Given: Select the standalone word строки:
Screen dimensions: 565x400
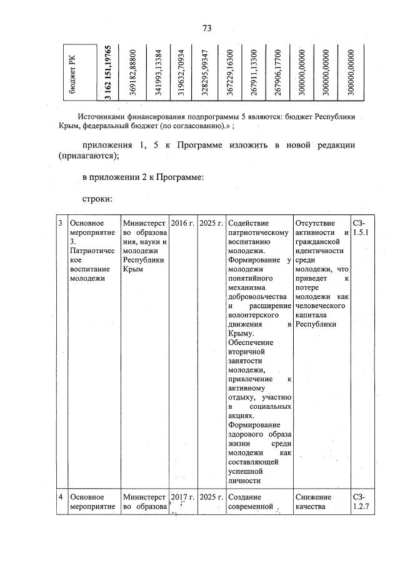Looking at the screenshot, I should (x=97, y=199).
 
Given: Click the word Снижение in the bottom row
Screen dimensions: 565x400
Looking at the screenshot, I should (x=312, y=497).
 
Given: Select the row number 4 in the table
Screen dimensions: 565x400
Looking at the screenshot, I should (x=61, y=497).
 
